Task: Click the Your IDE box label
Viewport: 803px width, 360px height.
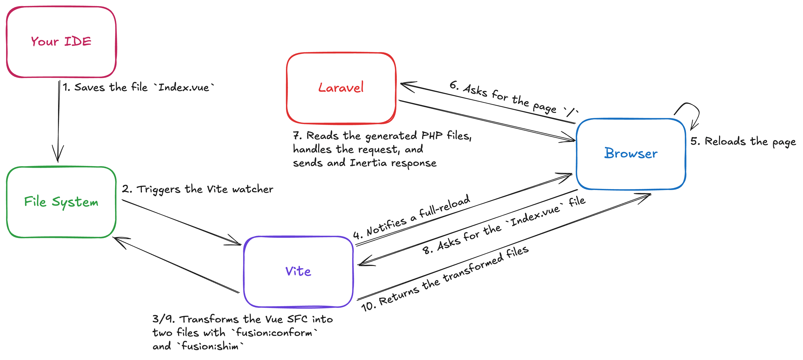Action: [x=61, y=41]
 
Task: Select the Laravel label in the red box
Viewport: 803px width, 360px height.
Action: [x=341, y=87]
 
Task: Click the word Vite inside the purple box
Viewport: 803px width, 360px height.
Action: [x=298, y=271]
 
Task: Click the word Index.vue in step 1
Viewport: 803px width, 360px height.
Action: [x=184, y=87]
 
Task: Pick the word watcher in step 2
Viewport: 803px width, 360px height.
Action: [x=252, y=189]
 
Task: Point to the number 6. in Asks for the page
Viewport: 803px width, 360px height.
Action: [x=454, y=85]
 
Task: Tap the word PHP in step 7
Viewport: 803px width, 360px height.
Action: [x=432, y=135]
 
